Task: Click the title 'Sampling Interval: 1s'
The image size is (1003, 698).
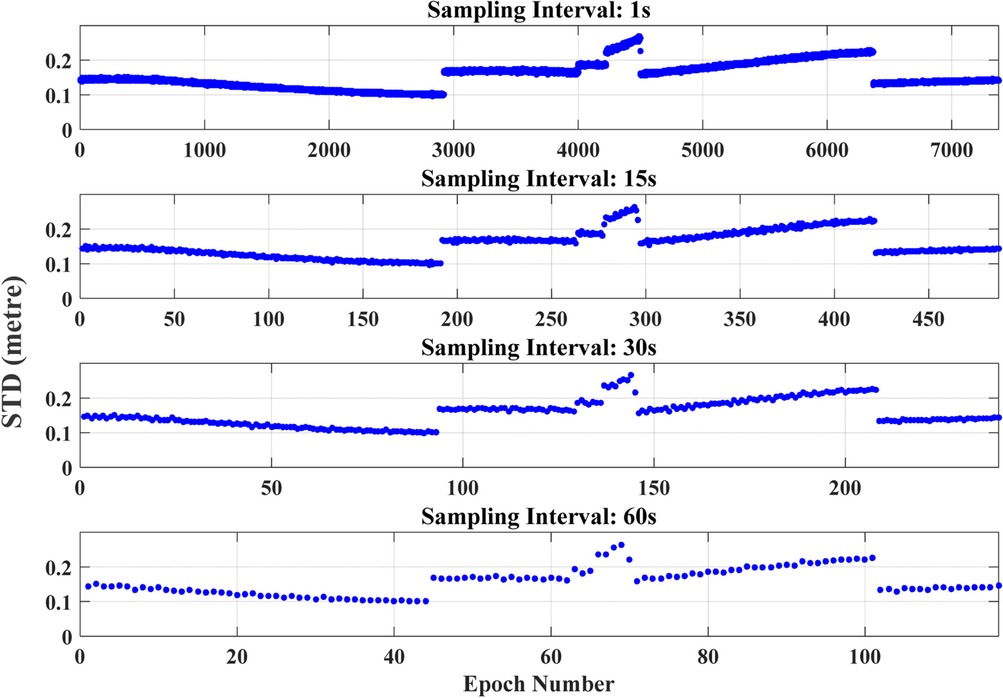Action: pos(539,11)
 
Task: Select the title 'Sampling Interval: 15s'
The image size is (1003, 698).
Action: pos(539,179)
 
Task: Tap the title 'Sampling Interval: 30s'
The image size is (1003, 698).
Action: pos(539,348)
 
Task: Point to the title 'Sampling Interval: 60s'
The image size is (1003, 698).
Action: pos(539,517)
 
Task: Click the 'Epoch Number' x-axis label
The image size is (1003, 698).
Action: pos(539,684)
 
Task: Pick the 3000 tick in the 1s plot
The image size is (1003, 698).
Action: pos(453,150)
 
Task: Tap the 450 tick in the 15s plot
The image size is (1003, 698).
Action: pos(928,319)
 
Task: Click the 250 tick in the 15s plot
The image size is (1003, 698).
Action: pos(551,319)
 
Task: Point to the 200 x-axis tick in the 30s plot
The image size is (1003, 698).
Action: pos(845,488)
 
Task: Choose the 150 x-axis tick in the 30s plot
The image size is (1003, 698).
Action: pos(653,488)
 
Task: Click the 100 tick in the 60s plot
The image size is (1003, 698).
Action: pos(865,657)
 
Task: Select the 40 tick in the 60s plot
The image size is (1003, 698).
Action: pos(394,657)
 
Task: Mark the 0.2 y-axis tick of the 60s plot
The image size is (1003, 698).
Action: pos(59,568)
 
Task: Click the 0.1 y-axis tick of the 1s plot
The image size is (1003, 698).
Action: pos(59,96)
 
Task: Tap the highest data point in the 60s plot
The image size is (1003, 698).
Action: pos(621,545)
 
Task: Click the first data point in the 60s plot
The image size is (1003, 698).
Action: pos(88,586)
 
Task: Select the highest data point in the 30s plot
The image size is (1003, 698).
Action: pos(630,375)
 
